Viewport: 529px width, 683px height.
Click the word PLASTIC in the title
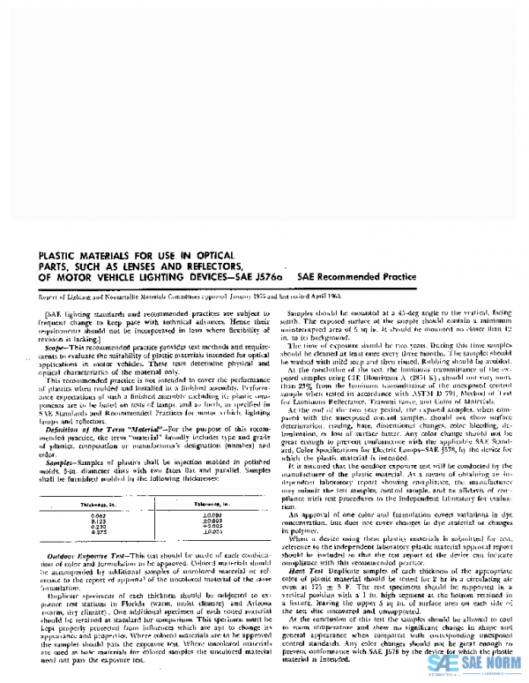click(56, 259)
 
